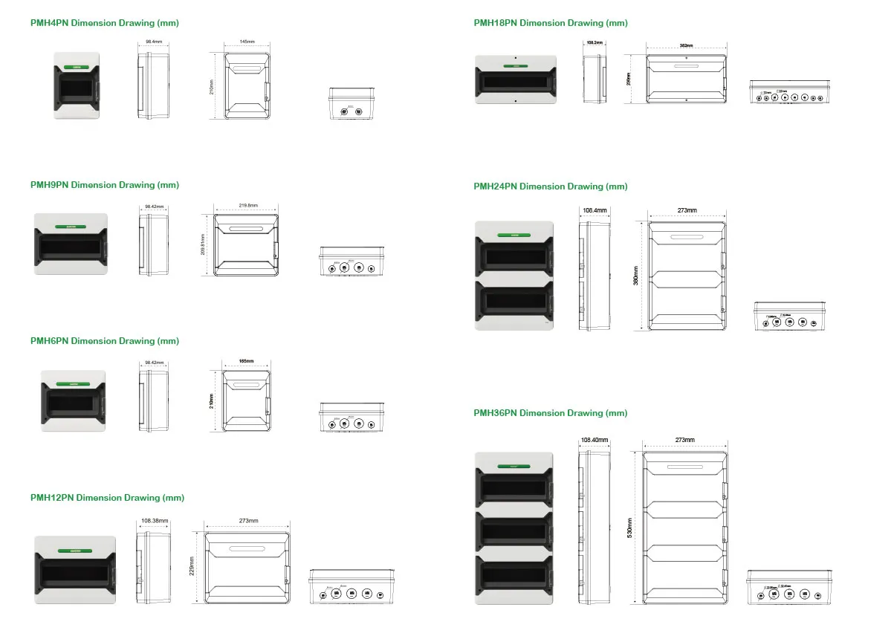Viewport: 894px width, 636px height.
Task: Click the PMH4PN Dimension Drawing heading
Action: pyautogui.click(x=104, y=23)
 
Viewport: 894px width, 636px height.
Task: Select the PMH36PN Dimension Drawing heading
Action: pyautogui.click(x=550, y=413)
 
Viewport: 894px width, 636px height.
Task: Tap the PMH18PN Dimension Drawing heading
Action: pyautogui.click(x=550, y=23)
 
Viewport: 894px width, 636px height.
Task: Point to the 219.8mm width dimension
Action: pyautogui.click(x=248, y=206)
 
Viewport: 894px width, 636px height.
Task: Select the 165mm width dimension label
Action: pyautogui.click(x=246, y=361)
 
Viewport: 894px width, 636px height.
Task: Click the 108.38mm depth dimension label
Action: pyautogui.click(x=154, y=521)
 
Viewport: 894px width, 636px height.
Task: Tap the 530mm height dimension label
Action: pyautogui.click(x=629, y=528)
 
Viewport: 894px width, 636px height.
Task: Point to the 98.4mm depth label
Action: pyautogui.click(x=153, y=42)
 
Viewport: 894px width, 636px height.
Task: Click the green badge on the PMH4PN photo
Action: pyautogui.click(x=77, y=66)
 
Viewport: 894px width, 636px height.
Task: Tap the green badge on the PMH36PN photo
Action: pyautogui.click(x=513, y=467)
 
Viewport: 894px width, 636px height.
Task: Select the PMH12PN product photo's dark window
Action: pyautogui.click(x=74, y=575)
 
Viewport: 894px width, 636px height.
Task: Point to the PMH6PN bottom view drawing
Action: pyautogui.click(x=352, y=418)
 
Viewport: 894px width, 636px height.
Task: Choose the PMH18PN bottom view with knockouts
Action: pyautogui.click(x=789, y=91)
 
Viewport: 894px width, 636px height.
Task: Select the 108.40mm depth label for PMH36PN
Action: pyautogui.click(x=594, y=441)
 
